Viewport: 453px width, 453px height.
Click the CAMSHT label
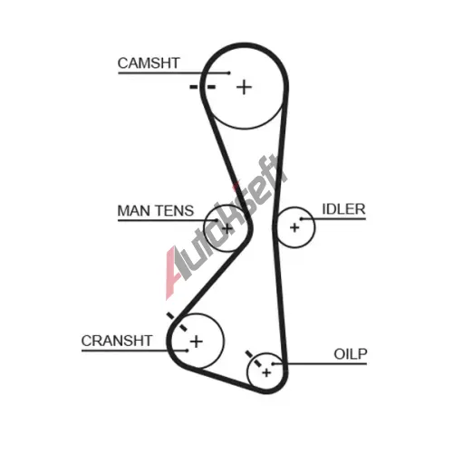point(149,63)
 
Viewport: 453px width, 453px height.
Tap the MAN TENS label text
point(155,211)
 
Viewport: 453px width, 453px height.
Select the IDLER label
point(343,209)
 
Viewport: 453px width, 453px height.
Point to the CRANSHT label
point(117,341)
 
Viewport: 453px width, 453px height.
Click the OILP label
point(351,354)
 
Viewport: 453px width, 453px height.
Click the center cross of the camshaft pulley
point(244,88)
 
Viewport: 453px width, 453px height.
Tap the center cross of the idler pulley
point(294,227)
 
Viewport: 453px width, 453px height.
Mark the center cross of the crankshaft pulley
point(197,342)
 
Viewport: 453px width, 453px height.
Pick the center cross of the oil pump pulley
point(266,373)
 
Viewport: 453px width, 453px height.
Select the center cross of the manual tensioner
point(226,228)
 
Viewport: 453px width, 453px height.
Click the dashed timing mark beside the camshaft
point(202,87)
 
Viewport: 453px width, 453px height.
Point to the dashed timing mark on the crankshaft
point(177,322)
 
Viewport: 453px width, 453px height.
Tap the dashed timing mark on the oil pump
point(254,359)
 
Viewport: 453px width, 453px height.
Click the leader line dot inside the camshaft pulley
point(229,72)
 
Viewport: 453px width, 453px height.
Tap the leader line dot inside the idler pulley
point(301,218)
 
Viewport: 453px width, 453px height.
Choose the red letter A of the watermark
point(173,272)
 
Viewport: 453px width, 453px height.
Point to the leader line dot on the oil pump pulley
point(273,363)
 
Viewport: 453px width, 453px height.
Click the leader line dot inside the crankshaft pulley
point(187,351)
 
